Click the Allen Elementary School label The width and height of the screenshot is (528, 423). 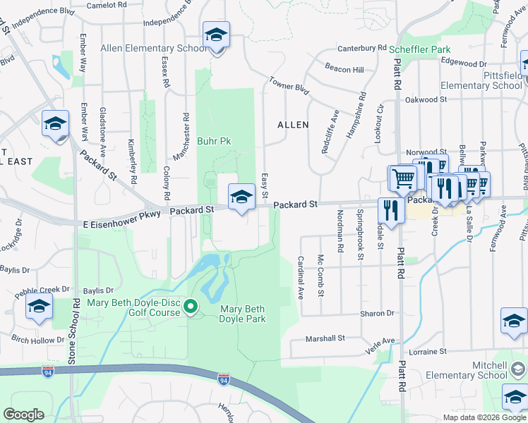[x=154, y=49]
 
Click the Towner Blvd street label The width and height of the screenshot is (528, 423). [x=289, y=87]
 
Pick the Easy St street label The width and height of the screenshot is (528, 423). [x=265, y=185]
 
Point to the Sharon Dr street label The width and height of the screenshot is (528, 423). [x=376, y=313]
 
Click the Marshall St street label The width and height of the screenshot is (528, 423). [x=325, y=338]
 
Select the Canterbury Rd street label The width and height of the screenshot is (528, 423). [x=362, y=49]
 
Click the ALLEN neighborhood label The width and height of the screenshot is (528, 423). [x=293, y=125]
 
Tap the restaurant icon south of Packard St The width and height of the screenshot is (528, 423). [x=390, y=209]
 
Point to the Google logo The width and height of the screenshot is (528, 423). [x=24, y=415]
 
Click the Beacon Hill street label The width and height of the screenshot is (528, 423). [x=344, y=69]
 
